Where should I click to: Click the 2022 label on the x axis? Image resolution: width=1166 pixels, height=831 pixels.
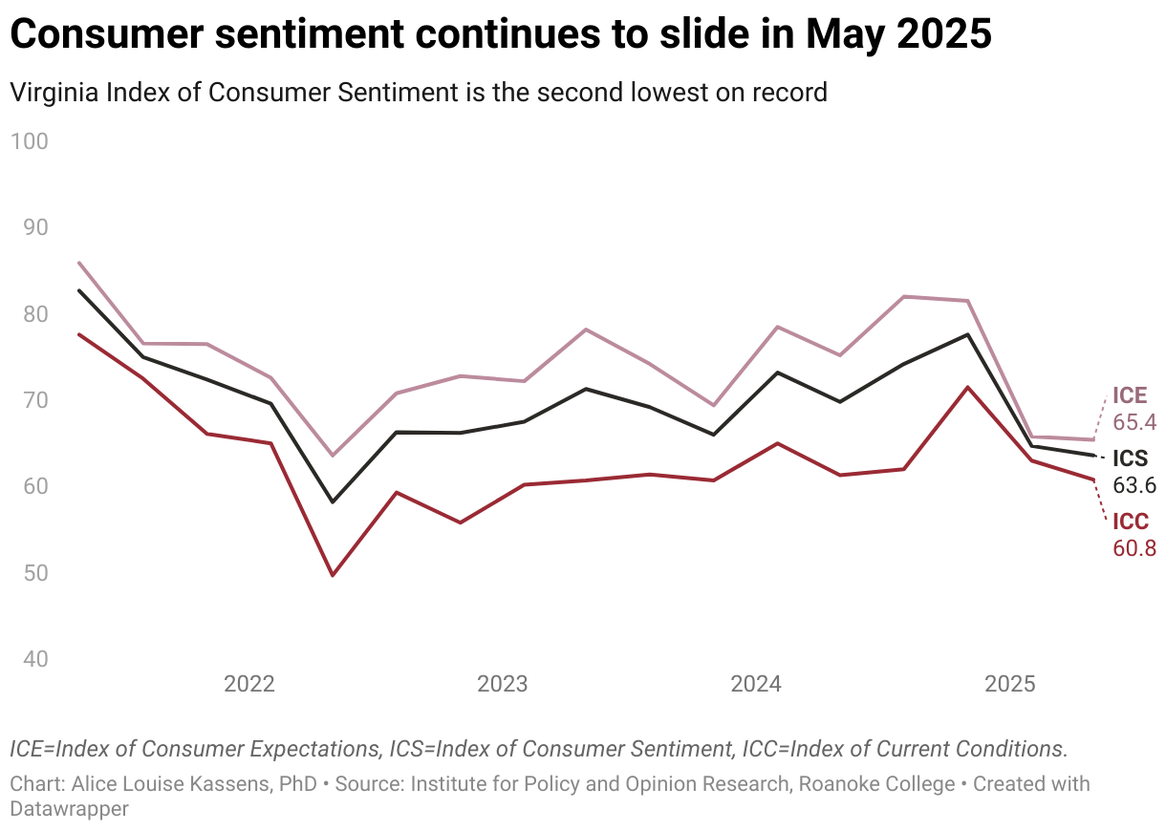(x=249, y=684)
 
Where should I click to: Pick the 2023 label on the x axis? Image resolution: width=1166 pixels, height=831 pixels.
(x=503, y=684)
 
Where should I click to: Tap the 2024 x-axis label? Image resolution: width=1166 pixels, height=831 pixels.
(x=756, y=684)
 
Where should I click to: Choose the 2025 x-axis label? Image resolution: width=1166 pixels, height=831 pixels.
(x=1010, y=684)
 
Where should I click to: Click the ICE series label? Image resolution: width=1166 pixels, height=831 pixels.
(x=1130, y=395)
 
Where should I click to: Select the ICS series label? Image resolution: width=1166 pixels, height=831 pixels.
(x=1131, y=458)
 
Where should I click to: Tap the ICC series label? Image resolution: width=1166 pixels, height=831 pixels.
(x=1131, y=522)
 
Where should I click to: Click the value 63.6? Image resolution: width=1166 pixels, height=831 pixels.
(x=1135, y=485)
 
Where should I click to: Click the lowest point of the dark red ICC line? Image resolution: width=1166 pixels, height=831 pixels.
(x=333, y=575)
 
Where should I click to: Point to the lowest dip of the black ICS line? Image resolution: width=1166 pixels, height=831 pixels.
(x=333, y=501)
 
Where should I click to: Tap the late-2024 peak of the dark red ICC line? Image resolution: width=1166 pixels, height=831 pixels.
(x=968, y=387)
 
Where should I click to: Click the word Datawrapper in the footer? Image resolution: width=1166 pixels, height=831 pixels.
(x=70, y=808)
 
